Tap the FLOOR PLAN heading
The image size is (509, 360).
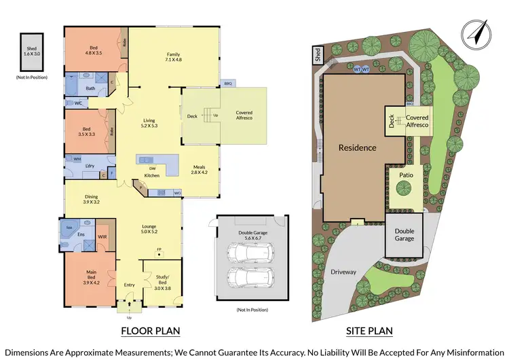pos(150,331)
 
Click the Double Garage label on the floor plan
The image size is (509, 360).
pos(248,235)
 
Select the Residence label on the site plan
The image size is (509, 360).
pos(357,147)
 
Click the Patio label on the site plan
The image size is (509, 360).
pos(406,175)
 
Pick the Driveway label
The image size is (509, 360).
pos(343,272)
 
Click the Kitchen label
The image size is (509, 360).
pos(151,175)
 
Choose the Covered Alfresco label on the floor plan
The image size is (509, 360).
pos(244,116)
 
